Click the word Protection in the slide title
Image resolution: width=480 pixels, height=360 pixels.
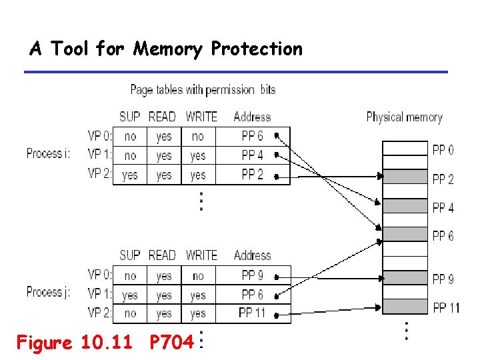point(257,49)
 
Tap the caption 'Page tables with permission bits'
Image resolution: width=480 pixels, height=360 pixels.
point(203,89)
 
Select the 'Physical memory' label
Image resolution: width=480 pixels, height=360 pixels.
point(404,117)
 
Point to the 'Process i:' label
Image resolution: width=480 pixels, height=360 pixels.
point(49,153)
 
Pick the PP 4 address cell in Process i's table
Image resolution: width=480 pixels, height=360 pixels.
point(252,156)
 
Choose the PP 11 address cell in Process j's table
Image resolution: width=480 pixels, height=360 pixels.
point(252,313)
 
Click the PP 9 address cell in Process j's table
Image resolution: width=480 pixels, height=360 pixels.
point(252,275)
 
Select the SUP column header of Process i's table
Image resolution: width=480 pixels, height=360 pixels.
point(129,117)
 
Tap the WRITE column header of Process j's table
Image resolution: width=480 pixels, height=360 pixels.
point(201,255)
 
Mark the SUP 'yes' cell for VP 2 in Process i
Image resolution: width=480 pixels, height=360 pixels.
point(130,175)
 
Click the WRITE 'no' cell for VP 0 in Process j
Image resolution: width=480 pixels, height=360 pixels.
point(198,275)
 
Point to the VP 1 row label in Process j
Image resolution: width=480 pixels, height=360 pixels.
point(100,294)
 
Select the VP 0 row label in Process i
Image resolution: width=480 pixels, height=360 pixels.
point(100,137)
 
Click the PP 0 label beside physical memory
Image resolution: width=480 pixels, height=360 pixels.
point(443,150)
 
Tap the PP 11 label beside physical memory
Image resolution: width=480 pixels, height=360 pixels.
point(446,307)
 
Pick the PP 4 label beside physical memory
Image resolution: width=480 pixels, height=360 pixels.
point(443,207)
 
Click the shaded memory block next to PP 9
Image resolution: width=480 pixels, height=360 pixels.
point(404,278)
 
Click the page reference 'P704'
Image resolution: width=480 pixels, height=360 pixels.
point(171,343)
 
